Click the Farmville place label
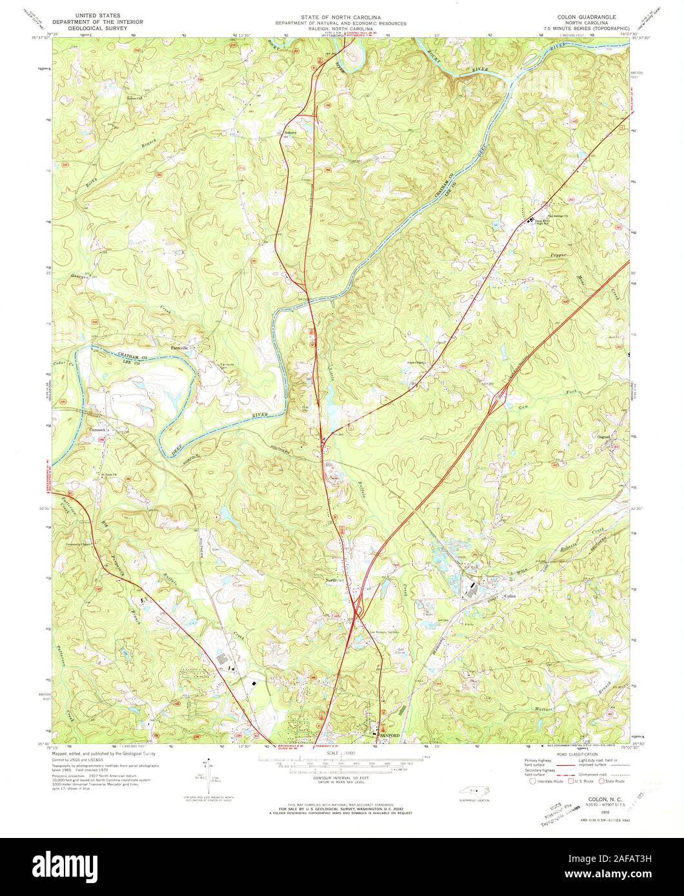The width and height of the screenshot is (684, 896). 178,348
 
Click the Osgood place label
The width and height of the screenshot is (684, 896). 603,438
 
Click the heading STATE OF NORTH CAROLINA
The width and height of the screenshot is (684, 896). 340,16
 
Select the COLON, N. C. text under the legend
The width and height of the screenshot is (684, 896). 600,798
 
